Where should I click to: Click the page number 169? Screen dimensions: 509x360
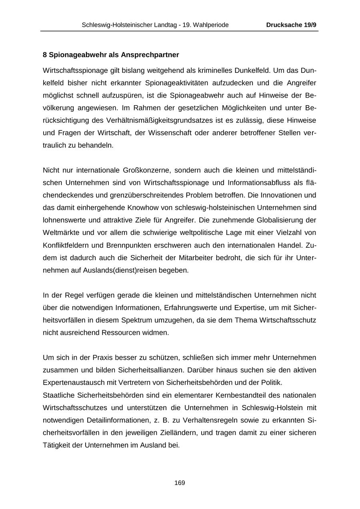click(180, 483)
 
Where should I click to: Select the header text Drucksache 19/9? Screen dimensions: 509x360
click(291, 25)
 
